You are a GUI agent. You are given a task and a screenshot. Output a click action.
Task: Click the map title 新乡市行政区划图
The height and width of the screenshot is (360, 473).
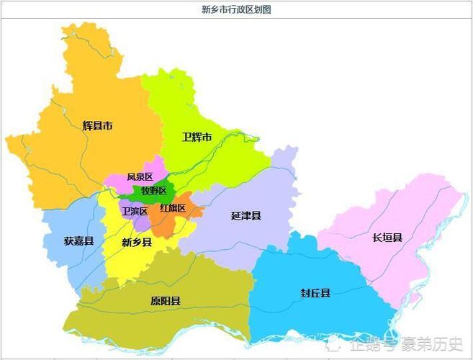[x=237, y=9]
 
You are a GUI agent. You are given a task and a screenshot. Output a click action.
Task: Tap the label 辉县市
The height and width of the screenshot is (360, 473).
[x=97, y=125]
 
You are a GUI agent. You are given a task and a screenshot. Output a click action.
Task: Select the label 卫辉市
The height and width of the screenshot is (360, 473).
[x=197, y=137]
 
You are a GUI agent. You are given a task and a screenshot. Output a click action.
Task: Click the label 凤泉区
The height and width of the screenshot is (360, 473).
[x=140, y=176]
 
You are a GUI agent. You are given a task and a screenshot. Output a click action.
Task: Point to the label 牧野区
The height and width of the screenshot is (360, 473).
[x=153, y=191]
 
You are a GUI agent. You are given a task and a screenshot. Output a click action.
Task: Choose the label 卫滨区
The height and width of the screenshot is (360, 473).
[x=135, y=211]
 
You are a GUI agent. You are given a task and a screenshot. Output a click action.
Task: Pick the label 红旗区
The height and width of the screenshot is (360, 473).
[x=173, y=208]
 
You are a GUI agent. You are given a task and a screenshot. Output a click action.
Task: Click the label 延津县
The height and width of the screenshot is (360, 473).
[x=245, y=215]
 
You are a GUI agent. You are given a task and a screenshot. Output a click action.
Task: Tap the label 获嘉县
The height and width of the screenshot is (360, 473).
[x=78, y=241]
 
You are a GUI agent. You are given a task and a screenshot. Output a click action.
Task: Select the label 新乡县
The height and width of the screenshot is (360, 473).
[x=137, y=243]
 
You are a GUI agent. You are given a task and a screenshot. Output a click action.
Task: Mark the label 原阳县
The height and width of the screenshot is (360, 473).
[x=166, y=300]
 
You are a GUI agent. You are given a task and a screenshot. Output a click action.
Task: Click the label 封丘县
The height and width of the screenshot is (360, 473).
[x=315, y=292]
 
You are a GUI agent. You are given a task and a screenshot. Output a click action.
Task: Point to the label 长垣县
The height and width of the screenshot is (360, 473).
[x=387, y=237]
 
